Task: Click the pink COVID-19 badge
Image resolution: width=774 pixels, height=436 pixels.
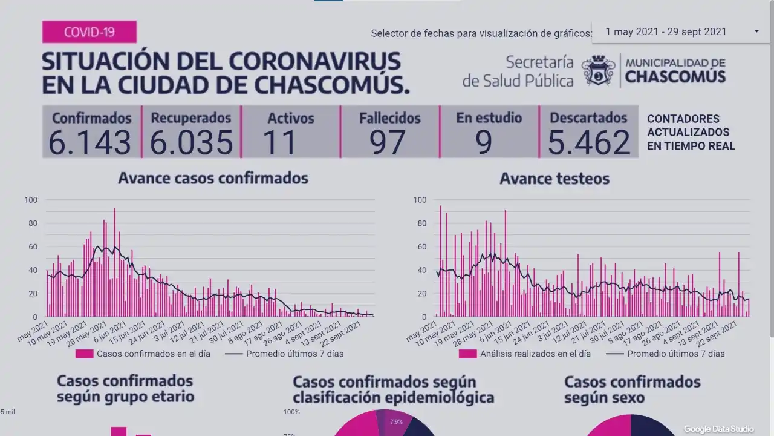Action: tap(89, 32)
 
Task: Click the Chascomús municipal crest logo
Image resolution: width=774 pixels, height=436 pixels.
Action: tap(598, 71)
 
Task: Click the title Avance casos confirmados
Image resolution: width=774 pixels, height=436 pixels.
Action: tap(213, 178)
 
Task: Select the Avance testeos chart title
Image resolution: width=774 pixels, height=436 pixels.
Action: tap(554, 179)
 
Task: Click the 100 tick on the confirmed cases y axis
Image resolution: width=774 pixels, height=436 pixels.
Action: tap(31, 200)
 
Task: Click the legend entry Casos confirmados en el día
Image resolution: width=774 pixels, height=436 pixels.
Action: tap(145, 354)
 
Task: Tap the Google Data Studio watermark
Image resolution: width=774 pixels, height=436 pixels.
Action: tap(719, 429)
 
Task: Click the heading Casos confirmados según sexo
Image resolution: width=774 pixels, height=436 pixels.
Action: tap(632, 390)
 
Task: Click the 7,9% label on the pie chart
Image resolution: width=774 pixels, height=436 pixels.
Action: tap(396, 421)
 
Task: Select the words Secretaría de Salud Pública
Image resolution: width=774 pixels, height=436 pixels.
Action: tap(518, 71)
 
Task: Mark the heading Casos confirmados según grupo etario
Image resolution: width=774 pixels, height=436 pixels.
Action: tap(125, 389)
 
